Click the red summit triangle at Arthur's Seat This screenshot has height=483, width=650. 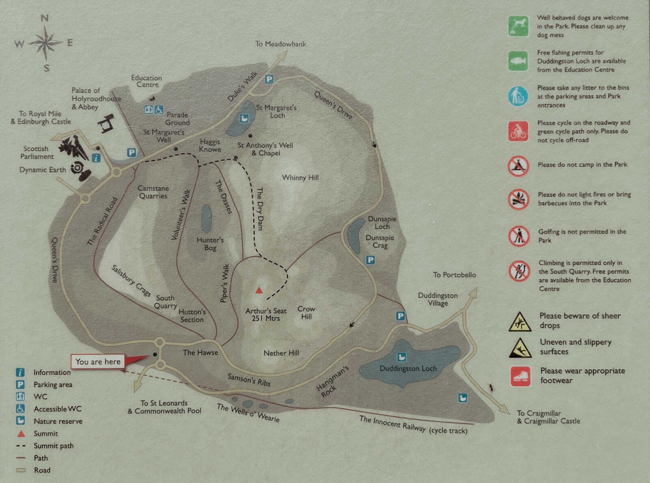click(259, 290)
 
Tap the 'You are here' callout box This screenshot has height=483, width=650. click(98, 362)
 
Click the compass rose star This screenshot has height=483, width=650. click(45, 42)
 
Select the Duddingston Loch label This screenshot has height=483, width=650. click(408, 368)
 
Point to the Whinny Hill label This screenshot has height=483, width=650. click(300, 178)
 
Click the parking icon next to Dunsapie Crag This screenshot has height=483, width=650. click(370, 260)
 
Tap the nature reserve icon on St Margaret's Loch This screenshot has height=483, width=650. click(244, 118)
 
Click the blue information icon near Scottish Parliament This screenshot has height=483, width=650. click(96, 158)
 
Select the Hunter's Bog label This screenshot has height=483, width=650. click(210, 244)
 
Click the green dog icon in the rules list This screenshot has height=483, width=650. click(518, 26)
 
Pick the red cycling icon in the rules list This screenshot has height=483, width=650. click(518, 131)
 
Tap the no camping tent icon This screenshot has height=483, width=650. click(518, 166)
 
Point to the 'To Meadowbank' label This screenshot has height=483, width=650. click(280, 44)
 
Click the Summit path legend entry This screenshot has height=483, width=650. click(53, 446)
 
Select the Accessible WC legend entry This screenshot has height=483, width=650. click(57, 409)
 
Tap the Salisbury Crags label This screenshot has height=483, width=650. click(131, 281)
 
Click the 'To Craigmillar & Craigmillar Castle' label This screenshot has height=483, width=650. click(548, 417)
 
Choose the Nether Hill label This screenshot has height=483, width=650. click(281, 353)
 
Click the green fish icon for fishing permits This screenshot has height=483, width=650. click(518, 61)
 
